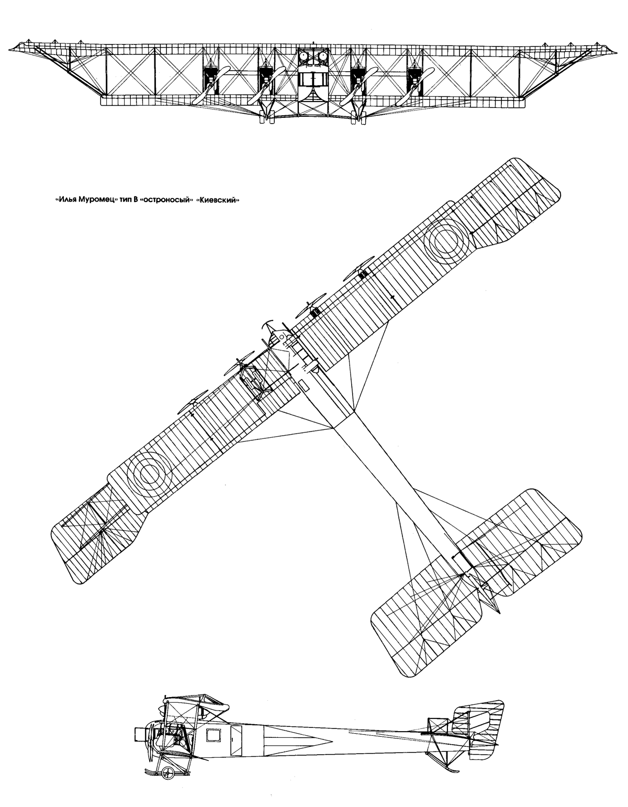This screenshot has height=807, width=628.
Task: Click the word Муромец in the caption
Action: click(96, 200)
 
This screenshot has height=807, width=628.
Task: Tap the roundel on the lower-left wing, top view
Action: click(152, 472)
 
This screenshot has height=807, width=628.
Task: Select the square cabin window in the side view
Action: click(214, 735)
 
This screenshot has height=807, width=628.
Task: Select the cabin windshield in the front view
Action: click(313, 79)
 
